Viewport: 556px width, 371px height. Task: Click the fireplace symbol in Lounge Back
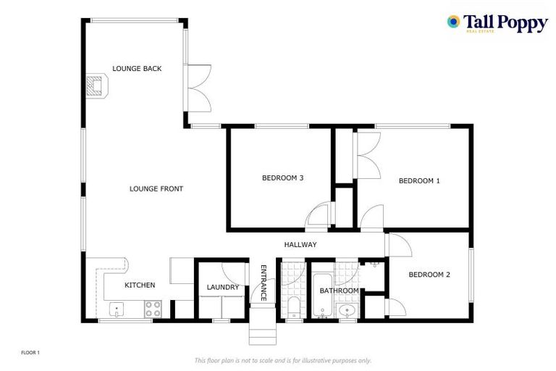click(95, 87)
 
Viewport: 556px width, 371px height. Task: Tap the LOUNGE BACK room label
click(137, 69)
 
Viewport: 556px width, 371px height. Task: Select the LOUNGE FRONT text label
click(156, 189)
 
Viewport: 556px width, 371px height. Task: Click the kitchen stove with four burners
click(153, 309)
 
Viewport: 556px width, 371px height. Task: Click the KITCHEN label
click(140, 285)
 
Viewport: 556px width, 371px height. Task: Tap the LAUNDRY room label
click(223, 288)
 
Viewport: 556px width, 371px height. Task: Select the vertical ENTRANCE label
click(264, 283)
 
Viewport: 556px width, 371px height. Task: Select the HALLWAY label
click(300, 245)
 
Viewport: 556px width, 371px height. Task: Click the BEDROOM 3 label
click(282, 178)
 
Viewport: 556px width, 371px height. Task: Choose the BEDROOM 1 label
click(419, 181)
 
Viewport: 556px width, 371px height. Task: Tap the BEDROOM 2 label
click(429, 275)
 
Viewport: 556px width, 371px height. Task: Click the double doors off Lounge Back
click(198, 88)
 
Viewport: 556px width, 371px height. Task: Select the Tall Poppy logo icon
click(454, 22)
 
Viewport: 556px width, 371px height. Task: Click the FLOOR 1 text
click(30, 353)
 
